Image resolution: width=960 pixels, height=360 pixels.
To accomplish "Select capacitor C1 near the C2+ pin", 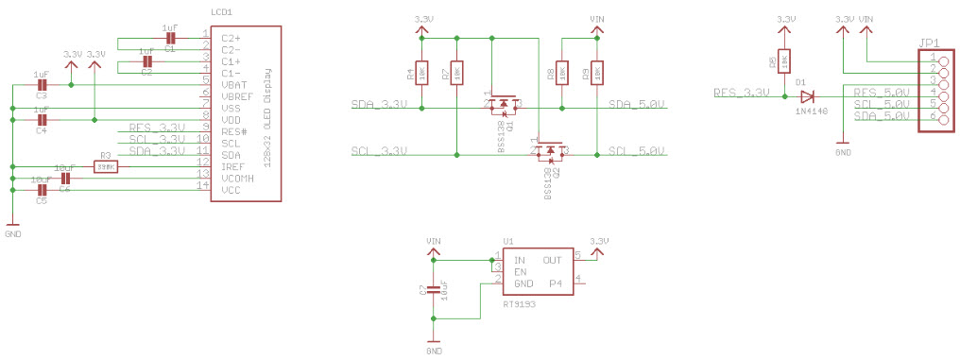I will (x=170, y=40).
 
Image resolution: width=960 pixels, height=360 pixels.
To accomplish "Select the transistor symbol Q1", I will (x=503, y=103).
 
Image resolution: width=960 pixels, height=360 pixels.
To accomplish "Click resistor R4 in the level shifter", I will (x=421, y=72).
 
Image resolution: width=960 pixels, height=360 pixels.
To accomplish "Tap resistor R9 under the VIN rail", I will (x=595, y=72).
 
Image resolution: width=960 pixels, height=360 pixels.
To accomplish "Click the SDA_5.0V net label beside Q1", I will (x=638, y=104).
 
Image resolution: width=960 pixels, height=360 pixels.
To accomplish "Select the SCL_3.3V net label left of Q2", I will (x=379, y=151).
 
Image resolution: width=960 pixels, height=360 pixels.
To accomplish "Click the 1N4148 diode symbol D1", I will (x=806, y=94).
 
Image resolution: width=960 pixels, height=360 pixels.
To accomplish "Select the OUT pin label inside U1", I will (x=553, y=260).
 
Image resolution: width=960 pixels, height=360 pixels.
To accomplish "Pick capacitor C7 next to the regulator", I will (x=434, y=289).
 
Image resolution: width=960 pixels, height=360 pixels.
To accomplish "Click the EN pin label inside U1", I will (x=520, y=271).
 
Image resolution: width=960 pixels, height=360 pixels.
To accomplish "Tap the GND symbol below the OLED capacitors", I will (x=12, y=227).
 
